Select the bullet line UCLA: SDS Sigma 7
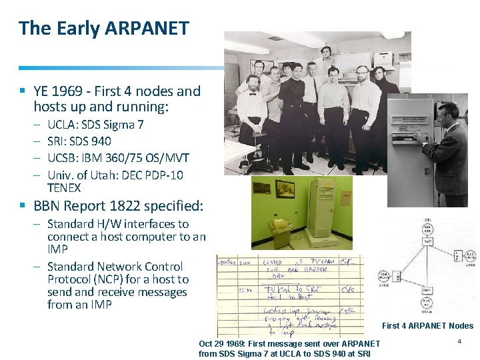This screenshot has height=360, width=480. pyautogui.click(x=100, y=125)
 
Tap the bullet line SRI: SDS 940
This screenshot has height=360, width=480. pyautogui.click(x=79, y=141)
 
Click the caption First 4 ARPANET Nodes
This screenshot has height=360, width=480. pyautogui.click(x=427, y=326)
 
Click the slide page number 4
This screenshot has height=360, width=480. pyautogui.click(x=459, y=341)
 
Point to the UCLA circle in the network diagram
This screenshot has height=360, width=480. pyautogui.click(x=426, y=305)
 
